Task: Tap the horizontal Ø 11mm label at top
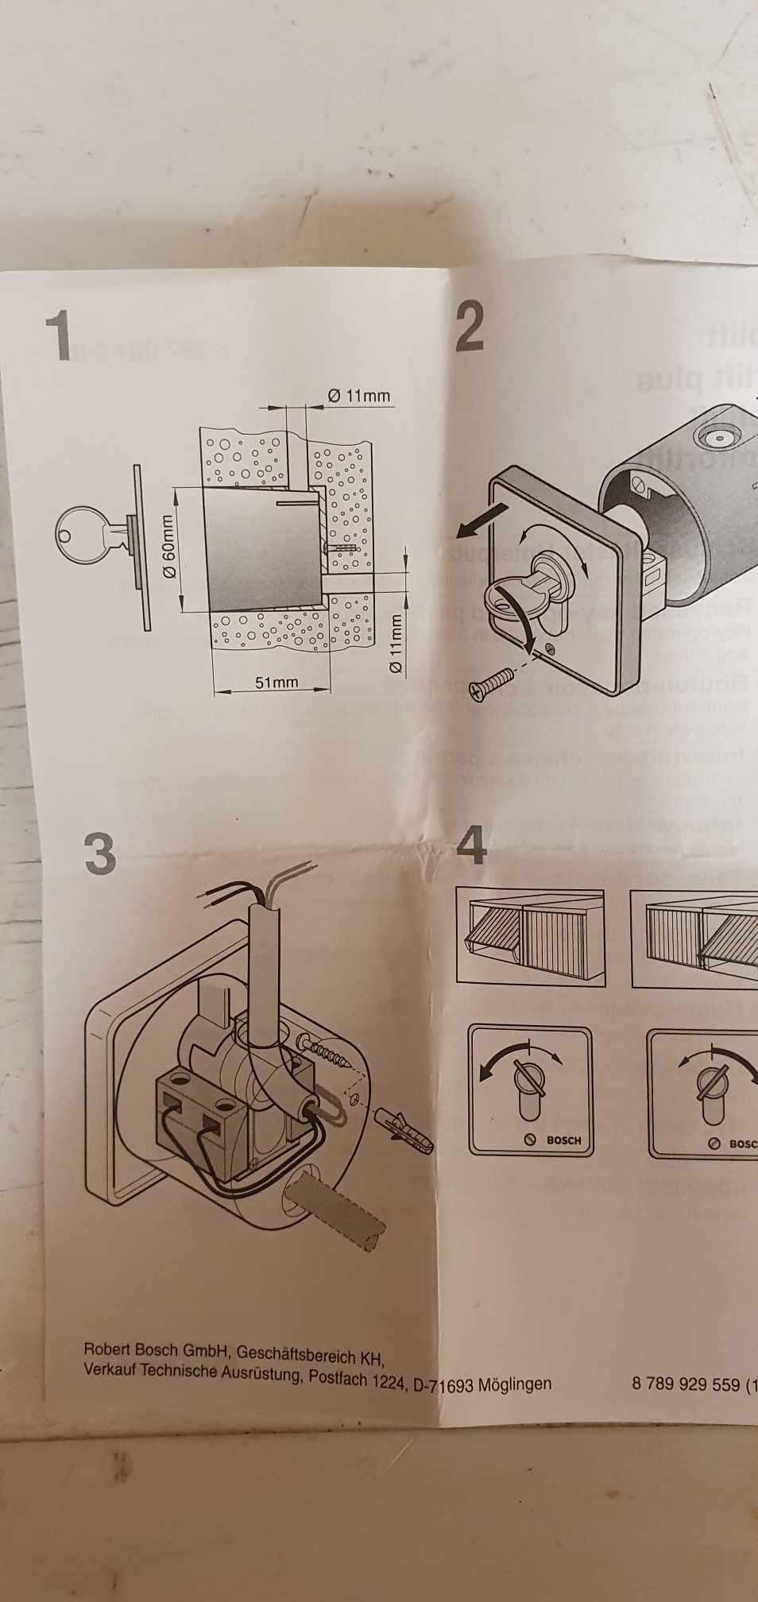[358, 395]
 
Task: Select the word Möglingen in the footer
[515, 1383]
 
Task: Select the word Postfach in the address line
[337, 1377]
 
